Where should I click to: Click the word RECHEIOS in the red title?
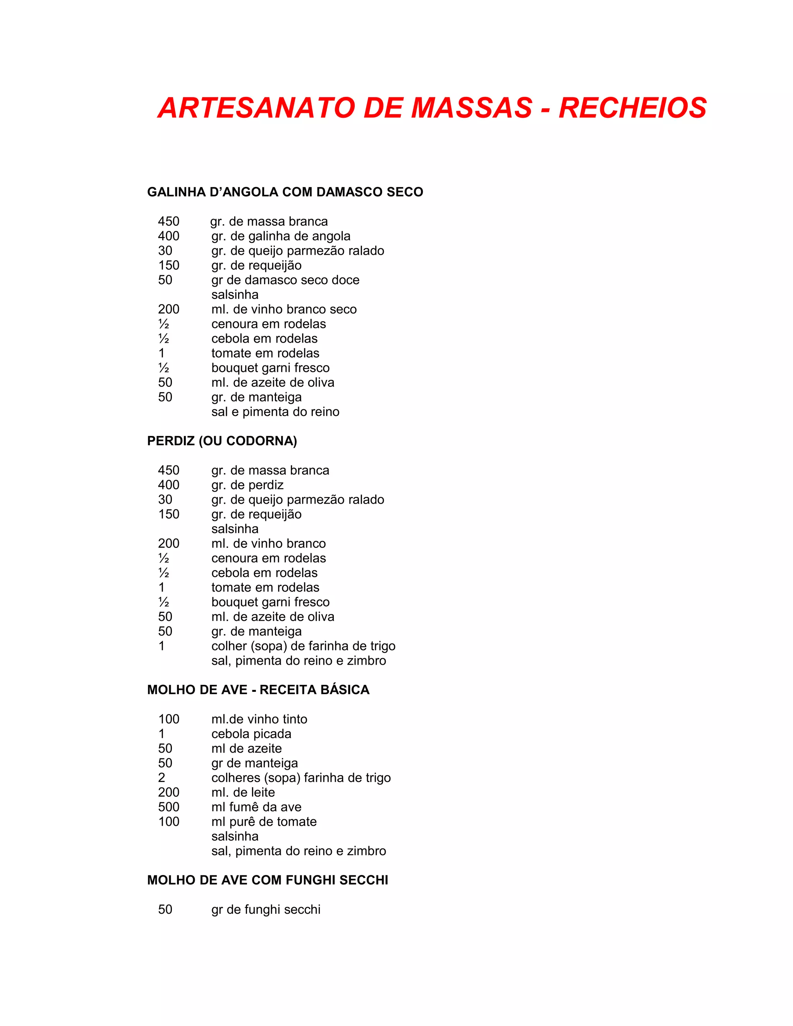(632, 108)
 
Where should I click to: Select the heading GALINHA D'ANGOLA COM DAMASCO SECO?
(285, 192)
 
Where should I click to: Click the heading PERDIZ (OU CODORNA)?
(222, 441)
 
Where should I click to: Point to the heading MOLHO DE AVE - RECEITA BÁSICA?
(258, 690)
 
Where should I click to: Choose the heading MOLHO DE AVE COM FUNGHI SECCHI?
(268, 880)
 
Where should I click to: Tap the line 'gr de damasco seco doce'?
(285, 280)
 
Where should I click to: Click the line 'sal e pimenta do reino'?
(275, 412)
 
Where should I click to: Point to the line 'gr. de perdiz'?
(247, 485)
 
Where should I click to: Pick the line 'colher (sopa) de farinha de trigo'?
(303, 646)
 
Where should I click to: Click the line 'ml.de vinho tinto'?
(259, 719)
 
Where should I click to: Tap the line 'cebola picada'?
(251, 734)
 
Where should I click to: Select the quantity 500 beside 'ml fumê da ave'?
(169, 807)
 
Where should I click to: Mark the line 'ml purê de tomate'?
(264, 822)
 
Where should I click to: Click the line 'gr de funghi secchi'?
(266, 909)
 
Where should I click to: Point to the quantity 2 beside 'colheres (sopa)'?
(161, 778)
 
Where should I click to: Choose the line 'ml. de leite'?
(243, 793)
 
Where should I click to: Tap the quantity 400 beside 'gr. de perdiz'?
(169, 485)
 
